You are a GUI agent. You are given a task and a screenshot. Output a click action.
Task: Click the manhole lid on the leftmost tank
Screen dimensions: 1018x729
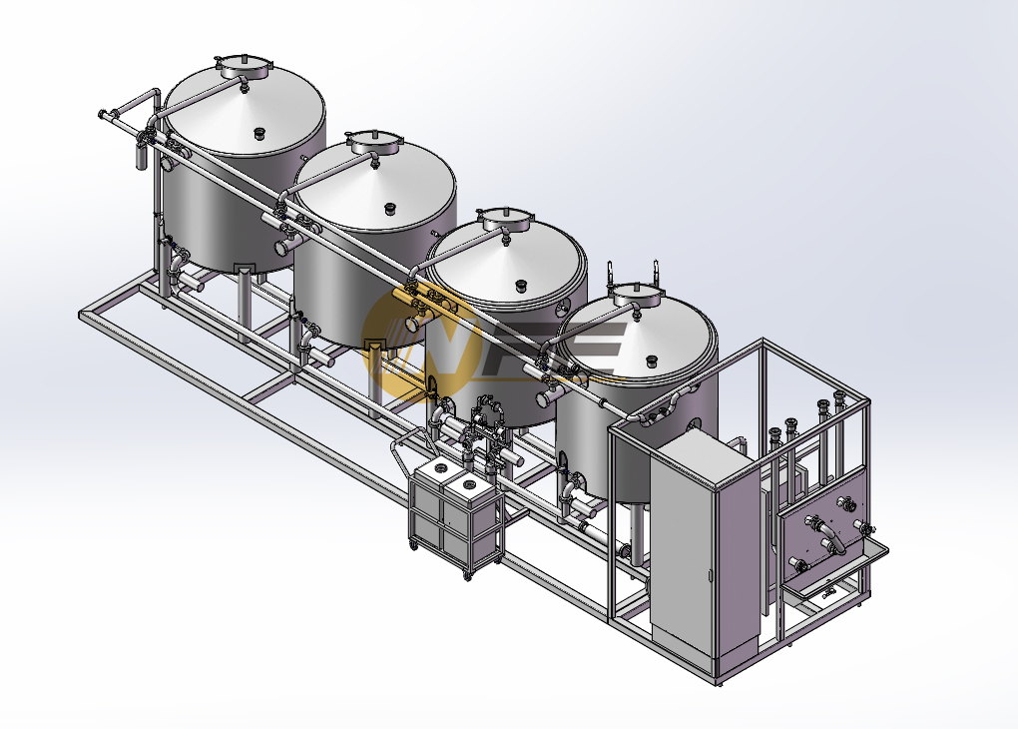(243, 67)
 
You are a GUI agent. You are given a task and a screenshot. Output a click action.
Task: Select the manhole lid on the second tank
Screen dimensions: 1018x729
(374, 142)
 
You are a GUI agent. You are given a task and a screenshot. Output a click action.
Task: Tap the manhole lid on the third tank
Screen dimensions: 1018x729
(505, 219)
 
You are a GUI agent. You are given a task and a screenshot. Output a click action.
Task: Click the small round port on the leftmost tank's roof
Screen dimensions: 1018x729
(259, 134)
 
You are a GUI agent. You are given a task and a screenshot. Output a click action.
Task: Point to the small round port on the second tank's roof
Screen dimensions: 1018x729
(391, 210)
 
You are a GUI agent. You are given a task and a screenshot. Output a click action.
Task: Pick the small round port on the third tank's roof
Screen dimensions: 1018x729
(521, 286)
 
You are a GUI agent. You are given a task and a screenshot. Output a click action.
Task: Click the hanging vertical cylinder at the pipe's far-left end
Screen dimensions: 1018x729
(143, 156)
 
